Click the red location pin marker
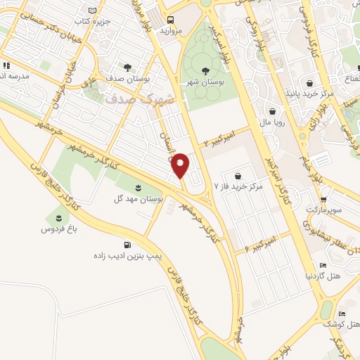coord(181,165)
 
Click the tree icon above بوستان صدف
coord(127,67)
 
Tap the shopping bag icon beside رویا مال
coord(273,110)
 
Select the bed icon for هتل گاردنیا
coord(323,265)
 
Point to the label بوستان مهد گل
coord(139,200)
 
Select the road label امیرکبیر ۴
coord(261,243)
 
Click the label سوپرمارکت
coord(324,210)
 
